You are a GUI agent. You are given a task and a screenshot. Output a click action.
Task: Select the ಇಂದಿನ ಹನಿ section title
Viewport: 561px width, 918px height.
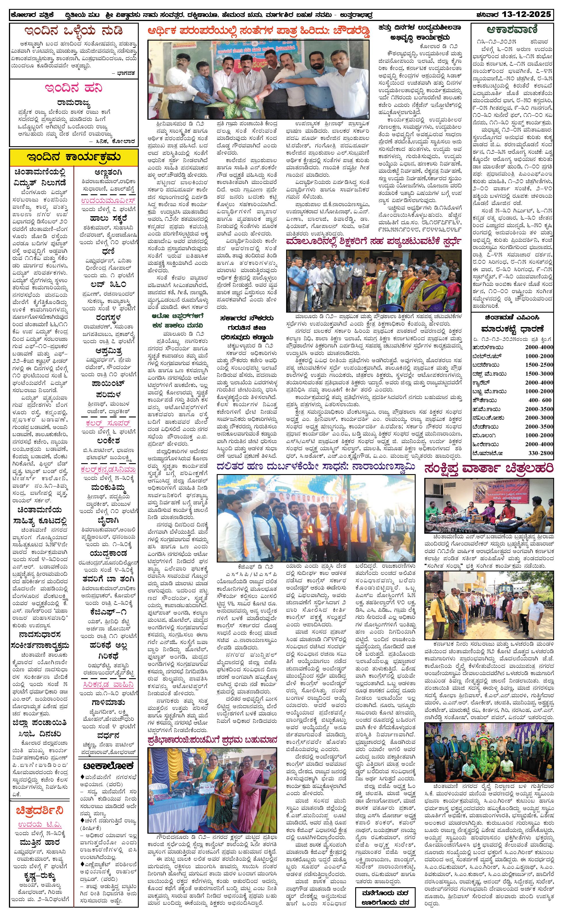click(74, 89)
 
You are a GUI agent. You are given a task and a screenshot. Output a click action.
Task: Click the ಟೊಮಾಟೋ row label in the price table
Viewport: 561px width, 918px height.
click(484, 453)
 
